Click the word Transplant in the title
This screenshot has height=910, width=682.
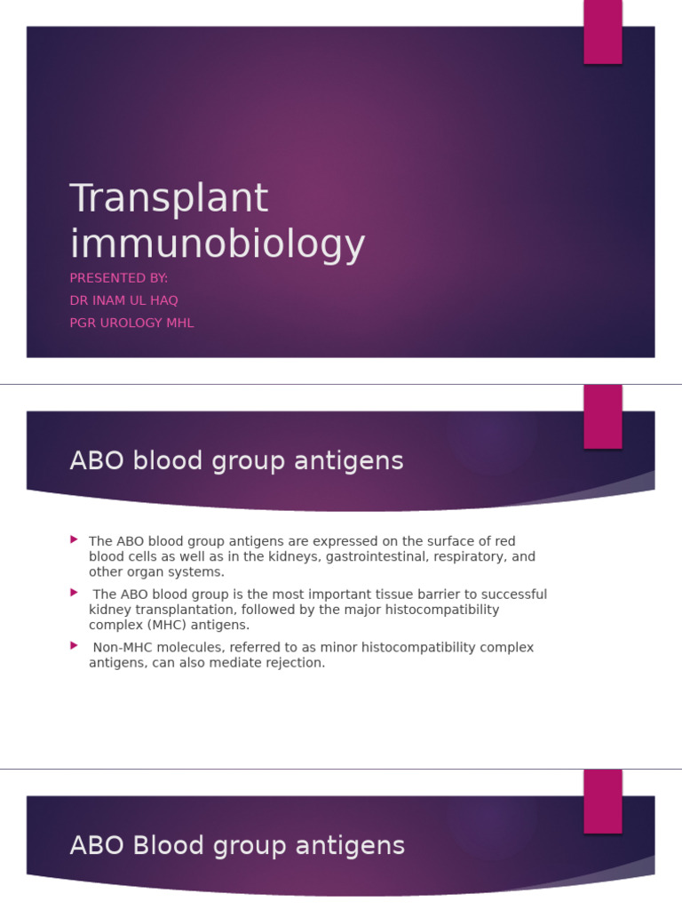(169, 198)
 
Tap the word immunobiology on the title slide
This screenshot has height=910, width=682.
(218, 244)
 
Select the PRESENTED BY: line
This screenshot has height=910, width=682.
(119, 278)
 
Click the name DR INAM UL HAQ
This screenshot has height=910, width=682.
(124, 300)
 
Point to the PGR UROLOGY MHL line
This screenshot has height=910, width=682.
(131, 323)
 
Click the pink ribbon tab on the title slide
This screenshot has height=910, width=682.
(602, 32)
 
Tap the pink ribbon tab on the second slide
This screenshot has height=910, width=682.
(602, 417)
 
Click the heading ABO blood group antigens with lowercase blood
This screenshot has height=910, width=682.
(236, 461)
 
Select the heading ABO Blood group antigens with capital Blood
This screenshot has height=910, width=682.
(237, 845)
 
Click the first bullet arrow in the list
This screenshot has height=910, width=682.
(75, 539)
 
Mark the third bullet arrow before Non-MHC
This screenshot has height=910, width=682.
(75, 645)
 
